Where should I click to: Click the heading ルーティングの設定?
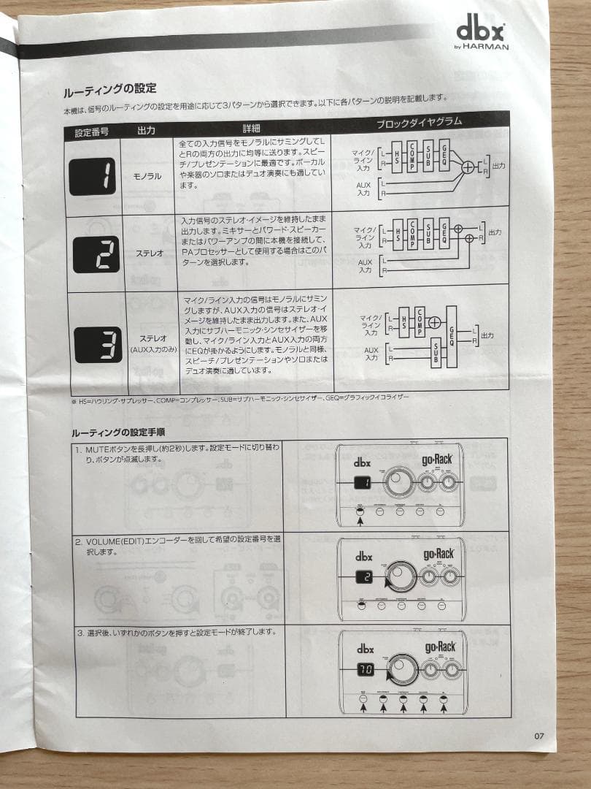[110, 89]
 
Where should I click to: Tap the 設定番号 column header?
[92, 132]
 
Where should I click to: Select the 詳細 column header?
[251, 128]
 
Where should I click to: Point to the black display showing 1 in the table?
[93, 176]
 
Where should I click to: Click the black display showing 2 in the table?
[96, 254]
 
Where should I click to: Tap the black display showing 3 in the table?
[98, 344]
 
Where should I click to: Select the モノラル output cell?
[147, 177]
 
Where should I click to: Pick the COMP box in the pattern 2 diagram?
[412, 233]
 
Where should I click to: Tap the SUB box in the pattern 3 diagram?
[436, 352]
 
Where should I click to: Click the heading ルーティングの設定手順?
[118, 432]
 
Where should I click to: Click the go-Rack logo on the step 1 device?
[437, 460]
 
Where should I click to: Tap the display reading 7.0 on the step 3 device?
[365, 668]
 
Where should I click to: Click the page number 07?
[539, 736]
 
